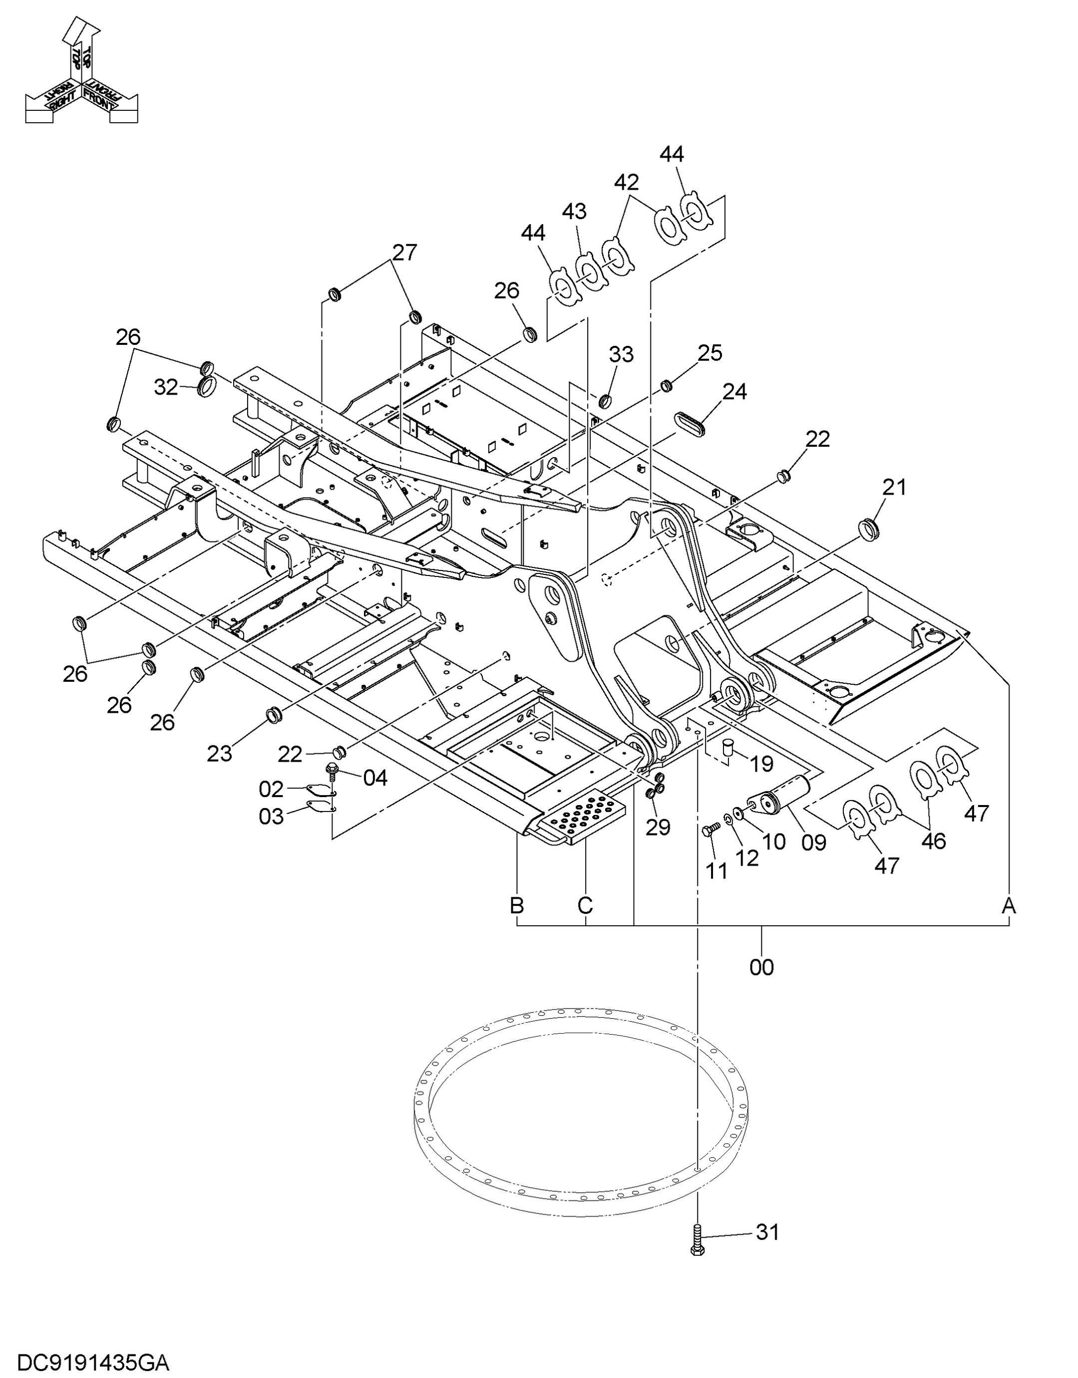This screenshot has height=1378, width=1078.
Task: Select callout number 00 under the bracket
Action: click(762, 967)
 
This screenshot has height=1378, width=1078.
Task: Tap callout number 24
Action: click(734, 392)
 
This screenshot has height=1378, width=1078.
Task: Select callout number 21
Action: click(894, 487)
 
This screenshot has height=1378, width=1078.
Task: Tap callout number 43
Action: click(574, 212)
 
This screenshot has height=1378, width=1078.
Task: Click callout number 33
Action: click(621, 354)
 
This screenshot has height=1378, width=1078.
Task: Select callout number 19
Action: click(762, 764)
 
